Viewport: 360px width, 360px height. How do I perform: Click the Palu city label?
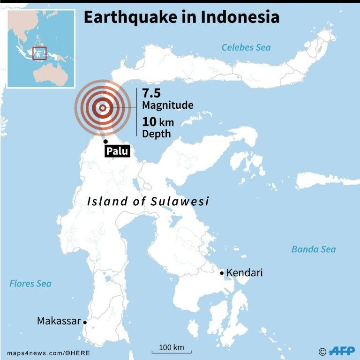(x=117, y=151)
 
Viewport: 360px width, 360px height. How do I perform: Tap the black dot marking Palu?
(x=105, y=141)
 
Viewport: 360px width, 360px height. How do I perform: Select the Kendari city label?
(x=244, y=273)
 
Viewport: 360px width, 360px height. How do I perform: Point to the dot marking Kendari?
(x=222, y=273)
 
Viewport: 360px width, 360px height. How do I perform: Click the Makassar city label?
(x=59, y=321)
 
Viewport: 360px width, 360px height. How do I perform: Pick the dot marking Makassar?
(x=85, y=322)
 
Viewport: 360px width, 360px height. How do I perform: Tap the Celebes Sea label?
(x=246, y=47)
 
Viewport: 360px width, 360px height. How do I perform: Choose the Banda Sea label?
(x=314, y=249)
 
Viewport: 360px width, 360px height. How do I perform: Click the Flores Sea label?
(x=30, y=284)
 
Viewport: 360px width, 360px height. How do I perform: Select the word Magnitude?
(x=168, y=105)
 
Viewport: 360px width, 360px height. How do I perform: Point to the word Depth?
(x=157, y=134)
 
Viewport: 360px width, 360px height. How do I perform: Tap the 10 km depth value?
(x=158, y=122)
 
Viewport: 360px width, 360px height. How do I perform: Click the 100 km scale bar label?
(x=172, y=347)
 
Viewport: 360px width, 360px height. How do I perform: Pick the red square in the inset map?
(x=39, y=53)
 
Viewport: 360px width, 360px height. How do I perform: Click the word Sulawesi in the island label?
(x=180, y=202)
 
